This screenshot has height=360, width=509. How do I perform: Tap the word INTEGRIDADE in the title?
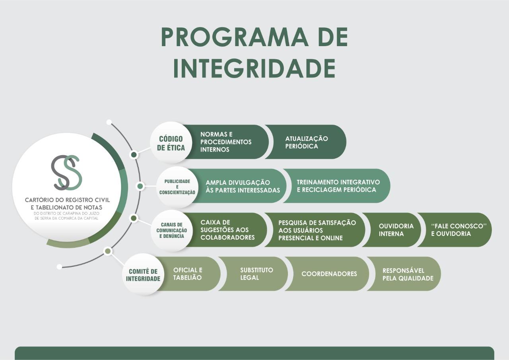click(254, 68)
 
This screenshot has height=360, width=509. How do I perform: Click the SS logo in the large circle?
click(66, 172)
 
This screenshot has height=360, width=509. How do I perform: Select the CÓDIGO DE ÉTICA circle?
click(171, 143)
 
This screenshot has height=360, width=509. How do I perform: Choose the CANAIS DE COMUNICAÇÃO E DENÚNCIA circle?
click(171, 230)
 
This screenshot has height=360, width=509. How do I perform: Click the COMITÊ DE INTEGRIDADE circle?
click(143, 274)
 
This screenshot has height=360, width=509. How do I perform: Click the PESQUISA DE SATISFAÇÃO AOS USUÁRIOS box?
click(317, 230)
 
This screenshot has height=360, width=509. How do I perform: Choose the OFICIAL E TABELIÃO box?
click(188, 274)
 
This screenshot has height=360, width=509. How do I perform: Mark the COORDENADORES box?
click(329, 274)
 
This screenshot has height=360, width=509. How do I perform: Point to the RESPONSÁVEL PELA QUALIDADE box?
click(408, 274)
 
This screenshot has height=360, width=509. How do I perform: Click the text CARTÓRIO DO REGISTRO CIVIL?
click(67, 200)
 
